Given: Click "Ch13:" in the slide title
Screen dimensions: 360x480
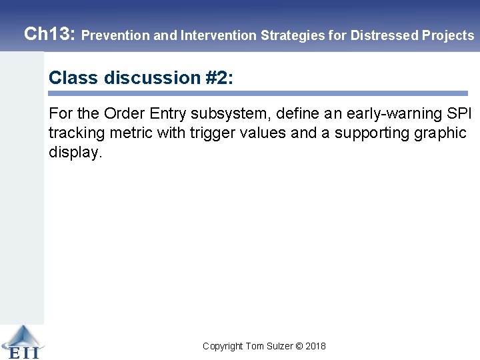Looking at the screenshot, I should (x=49, y=34).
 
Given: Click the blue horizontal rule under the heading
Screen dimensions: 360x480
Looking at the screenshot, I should (x=258, y=93).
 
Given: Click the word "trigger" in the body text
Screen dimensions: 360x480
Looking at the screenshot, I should (x=209, y=133).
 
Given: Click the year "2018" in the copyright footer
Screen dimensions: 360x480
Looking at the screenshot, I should (x=316, y=346).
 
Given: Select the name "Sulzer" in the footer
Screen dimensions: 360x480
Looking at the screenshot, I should (x=279, y=346).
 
